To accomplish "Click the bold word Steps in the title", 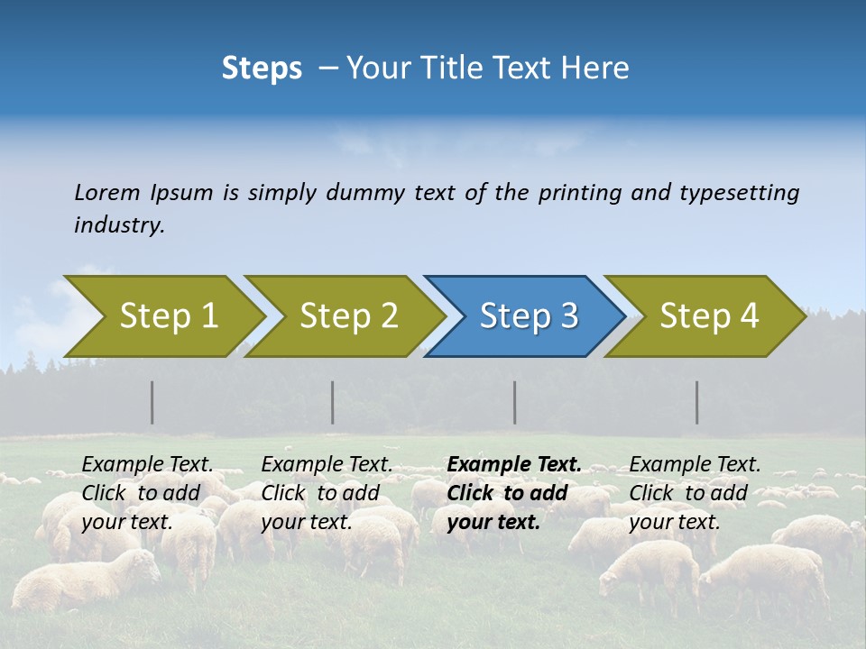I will (262, 69).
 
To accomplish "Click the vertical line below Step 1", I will (152, 402).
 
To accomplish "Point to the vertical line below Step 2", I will (333, 402).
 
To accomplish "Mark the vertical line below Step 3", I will (515, 402).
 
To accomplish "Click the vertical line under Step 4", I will (697, 402).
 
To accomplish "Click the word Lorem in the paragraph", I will (107, 192).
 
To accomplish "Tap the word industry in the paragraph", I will (119, 225).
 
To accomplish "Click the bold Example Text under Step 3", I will (514, 464).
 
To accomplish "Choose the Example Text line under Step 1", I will (147, 464).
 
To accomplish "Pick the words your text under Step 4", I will (674, 522).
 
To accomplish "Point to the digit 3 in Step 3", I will (568, 316).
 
